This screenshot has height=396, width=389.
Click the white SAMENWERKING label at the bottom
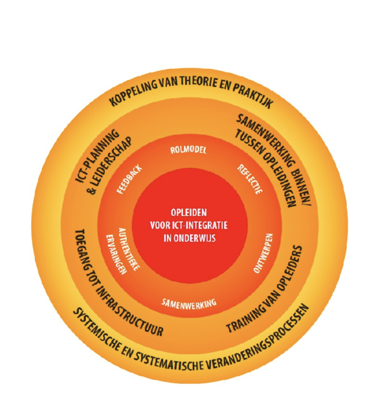[x=188, y=303]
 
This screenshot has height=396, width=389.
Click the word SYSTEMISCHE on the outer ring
[x=98, y=328]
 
